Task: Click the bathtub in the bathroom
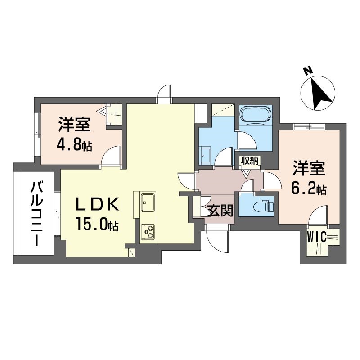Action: [256, 115]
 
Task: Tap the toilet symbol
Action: [263, 207]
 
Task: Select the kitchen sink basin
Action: [148, 202]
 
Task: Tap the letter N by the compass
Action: [308, 71]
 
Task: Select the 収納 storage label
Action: [249, 161]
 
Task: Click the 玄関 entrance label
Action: [220, 211]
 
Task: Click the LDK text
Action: [98, 204]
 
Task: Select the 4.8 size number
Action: [69, 145]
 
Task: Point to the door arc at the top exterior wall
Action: [164, 92]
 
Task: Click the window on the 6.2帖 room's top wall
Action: [309, 127]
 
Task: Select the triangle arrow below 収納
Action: [246, 174]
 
